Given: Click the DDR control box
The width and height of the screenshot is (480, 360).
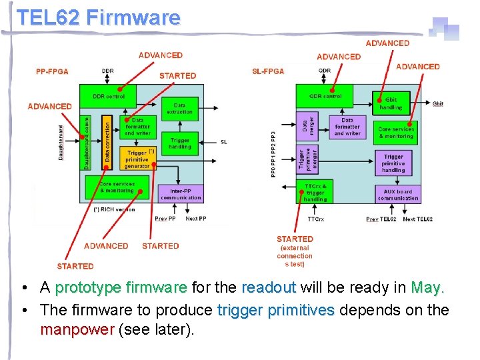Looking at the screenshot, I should (109, 97).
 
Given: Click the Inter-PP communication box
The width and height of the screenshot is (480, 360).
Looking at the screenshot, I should (180, 194).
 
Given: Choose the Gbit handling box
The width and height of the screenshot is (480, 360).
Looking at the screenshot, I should (391, 103).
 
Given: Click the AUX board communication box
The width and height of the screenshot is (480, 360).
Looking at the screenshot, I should (397, 195).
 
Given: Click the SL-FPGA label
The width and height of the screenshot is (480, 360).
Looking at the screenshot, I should (268, 71).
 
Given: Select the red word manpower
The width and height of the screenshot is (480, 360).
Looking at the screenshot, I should (77, 329).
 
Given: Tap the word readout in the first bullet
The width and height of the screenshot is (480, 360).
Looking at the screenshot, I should (269, 287).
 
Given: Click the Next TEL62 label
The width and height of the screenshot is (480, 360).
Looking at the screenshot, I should (417, 219).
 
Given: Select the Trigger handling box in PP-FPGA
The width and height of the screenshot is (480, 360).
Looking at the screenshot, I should (179, 143).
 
